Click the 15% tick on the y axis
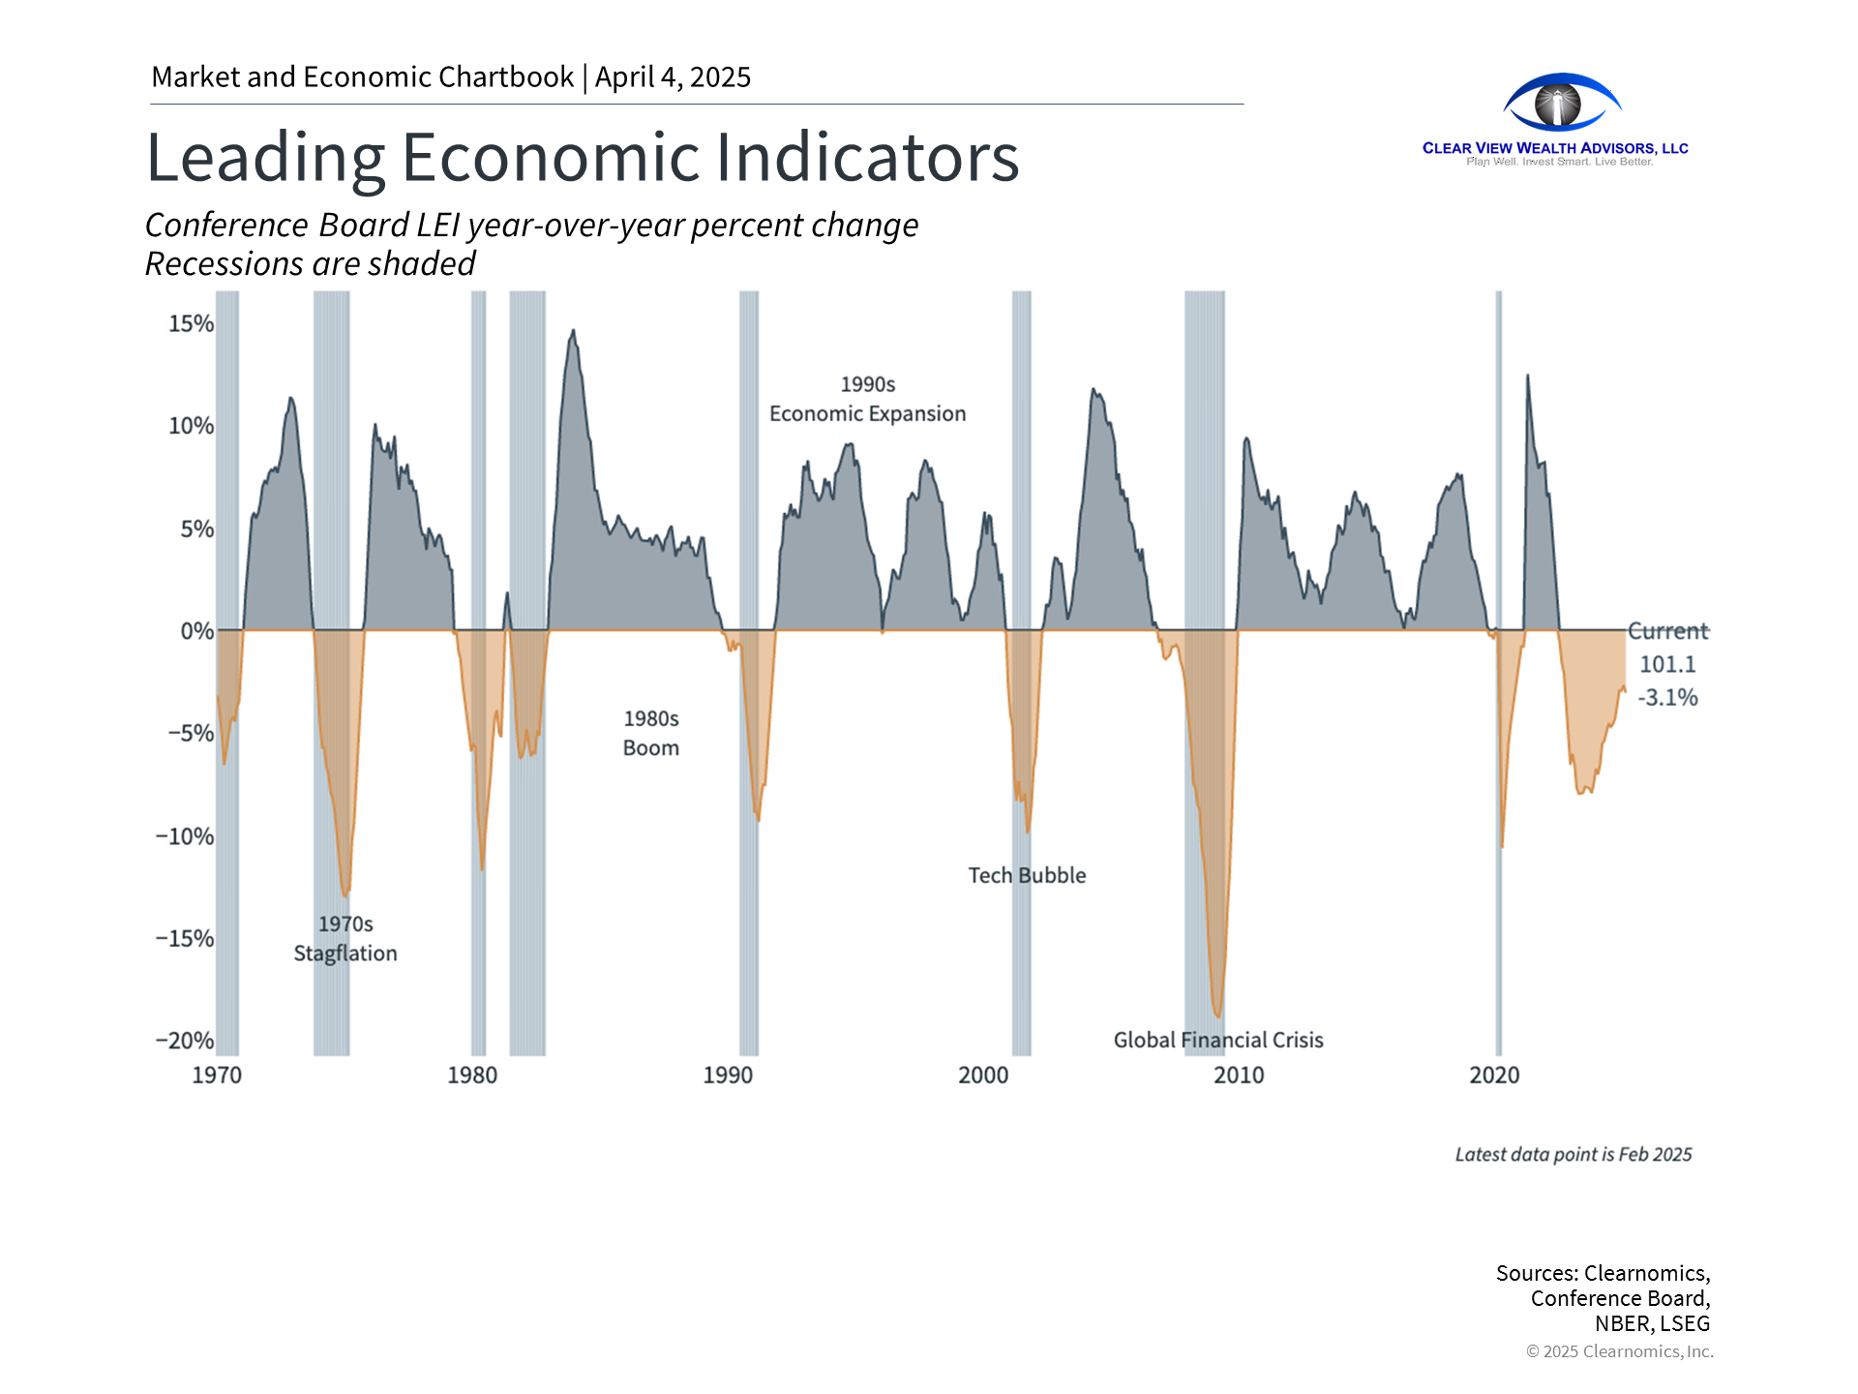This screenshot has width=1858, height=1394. (191, 323)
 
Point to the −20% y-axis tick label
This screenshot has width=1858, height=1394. (185, 1041)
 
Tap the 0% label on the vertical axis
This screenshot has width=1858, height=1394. (196, 631)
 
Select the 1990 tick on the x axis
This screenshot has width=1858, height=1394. (728, 1075)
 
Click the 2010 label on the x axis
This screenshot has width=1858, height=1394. (1239, 1075)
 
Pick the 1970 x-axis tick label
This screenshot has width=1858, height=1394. (217, 1075)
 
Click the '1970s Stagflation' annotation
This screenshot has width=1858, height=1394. (345, 939)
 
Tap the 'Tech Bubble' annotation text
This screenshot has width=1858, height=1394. (1027, 875)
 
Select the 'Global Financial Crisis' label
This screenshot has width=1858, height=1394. (1218, 1040)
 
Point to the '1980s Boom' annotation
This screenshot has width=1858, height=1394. (651, 733)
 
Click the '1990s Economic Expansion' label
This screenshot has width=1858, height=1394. (867, 399)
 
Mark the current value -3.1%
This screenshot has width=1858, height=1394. (1667, 697)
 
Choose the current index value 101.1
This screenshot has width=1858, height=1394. (1667, 664)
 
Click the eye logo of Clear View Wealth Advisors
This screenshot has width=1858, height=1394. (1561, 103)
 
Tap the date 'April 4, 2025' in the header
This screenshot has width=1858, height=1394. (673, 76)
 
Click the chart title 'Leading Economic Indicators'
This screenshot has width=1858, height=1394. (582, 157)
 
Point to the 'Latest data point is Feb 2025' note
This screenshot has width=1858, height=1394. (1573, 1154)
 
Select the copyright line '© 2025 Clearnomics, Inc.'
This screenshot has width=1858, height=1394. (1619, 1351)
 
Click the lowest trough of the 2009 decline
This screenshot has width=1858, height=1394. (1218, 1016)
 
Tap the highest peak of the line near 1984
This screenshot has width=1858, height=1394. (574, 331)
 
